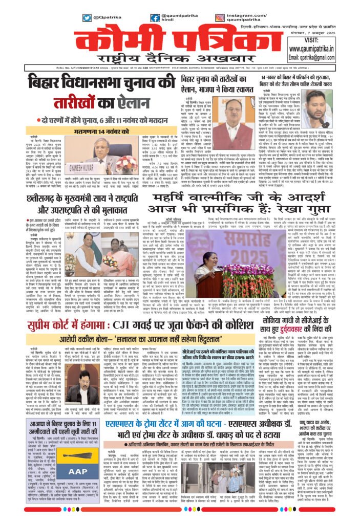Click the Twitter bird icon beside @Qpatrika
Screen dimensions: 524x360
[x=87, y=17]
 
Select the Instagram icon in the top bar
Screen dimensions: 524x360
[x=219, y=17]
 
